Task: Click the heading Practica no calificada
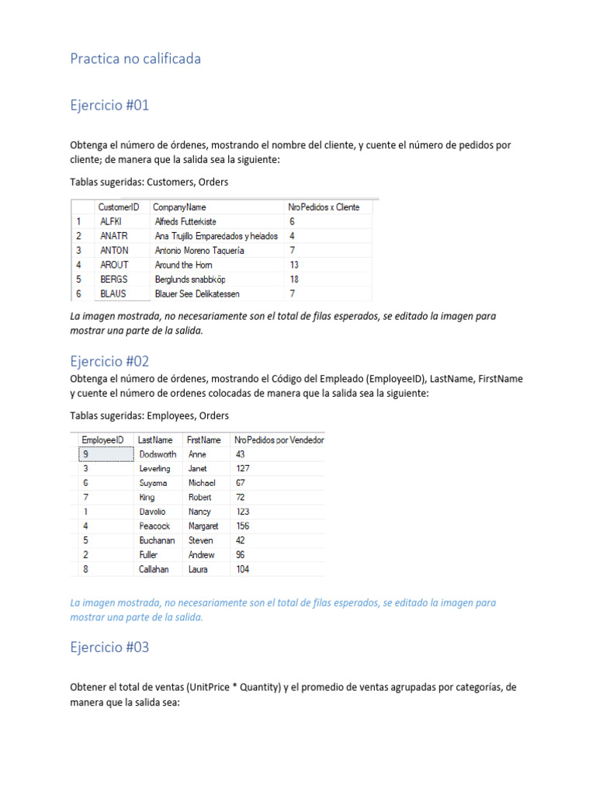(135, 59)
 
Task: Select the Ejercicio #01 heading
(109, 106)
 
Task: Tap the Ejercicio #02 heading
(109, 361)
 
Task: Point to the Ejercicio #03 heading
(109, 647)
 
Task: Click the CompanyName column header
(180, 207)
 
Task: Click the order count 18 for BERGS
(294, 279)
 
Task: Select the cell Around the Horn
(184, 265)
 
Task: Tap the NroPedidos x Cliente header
(324, 207)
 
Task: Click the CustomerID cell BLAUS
(114, 294)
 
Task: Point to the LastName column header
(155, 440)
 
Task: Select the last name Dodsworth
(158, 454)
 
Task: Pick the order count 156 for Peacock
(243, 526)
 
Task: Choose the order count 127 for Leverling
(243, 469)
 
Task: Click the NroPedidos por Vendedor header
(279, 440)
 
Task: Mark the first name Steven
(201, 540)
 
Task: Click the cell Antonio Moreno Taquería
(199, 251)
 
